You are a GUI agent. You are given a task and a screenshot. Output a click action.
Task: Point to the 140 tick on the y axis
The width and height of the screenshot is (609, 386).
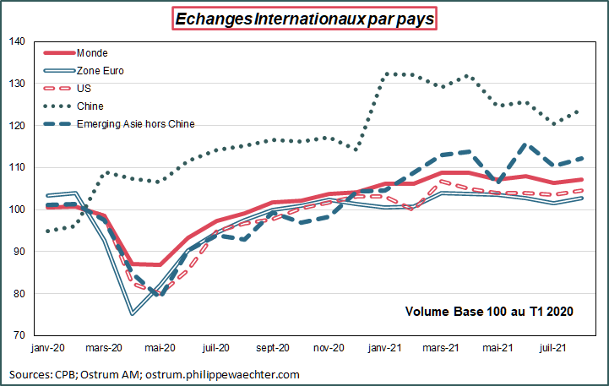[x=18, y=41]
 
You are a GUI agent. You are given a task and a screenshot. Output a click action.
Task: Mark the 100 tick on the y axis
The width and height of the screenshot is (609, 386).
[x=18, y=209]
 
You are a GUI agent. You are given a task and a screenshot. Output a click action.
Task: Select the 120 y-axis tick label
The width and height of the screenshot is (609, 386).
[x=18, y=126]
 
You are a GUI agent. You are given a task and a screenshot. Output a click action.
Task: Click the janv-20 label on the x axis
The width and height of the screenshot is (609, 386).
[x=49, y=347]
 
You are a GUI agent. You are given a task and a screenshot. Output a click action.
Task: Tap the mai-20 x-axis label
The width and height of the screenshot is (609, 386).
[x=160, y=347]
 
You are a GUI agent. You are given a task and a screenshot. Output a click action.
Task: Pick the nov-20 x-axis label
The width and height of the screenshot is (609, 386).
[x=329, y=347]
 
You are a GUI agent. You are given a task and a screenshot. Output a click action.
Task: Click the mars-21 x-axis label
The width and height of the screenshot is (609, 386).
[x=441, y=347]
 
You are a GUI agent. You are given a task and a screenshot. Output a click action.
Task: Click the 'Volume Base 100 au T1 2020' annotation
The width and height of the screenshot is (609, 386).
[x=490, y=312]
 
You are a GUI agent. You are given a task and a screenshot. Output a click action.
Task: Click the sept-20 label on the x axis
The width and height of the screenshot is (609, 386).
[x=272, y=347]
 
